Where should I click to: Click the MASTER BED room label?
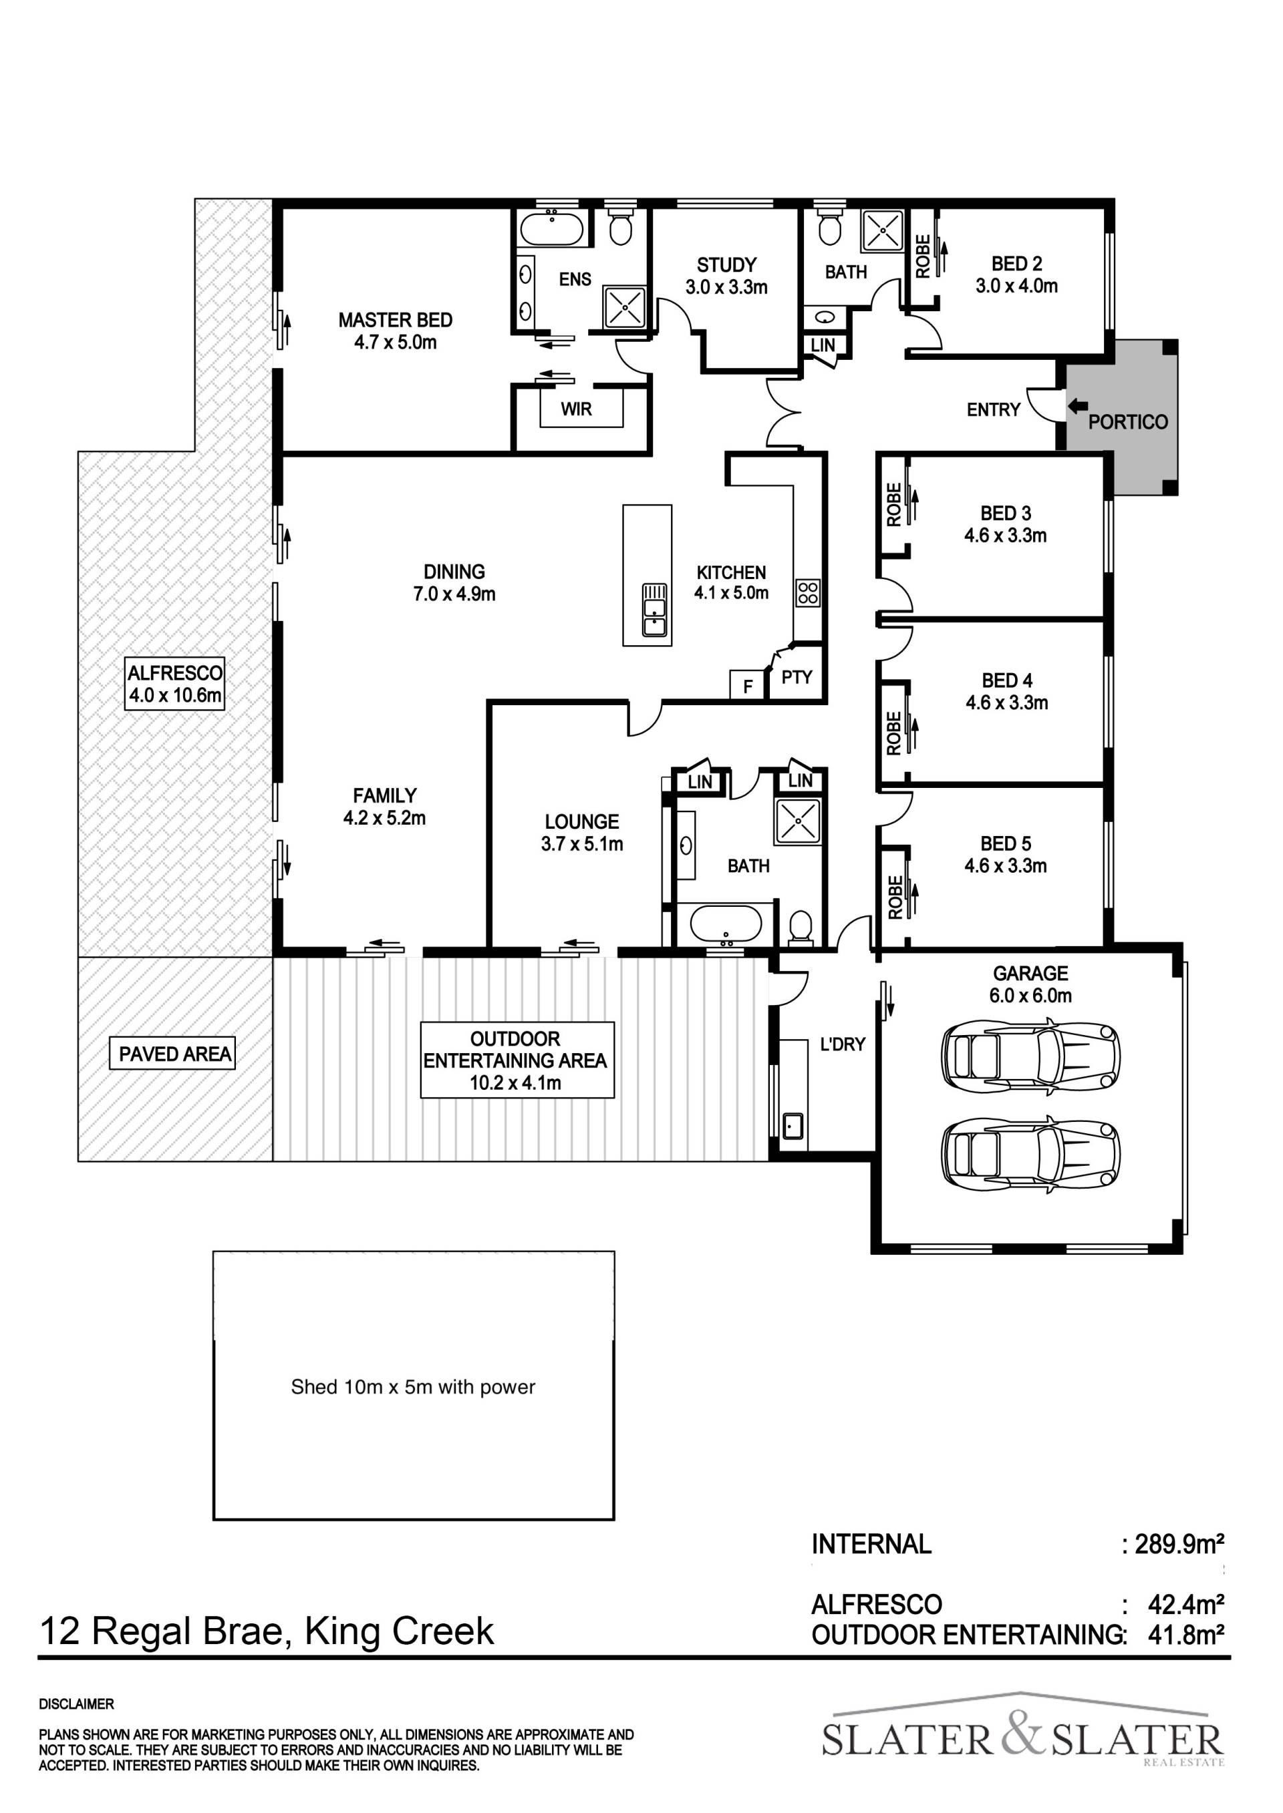pyautogui.click(x=395, y=320)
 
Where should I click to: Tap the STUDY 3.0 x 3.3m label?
pyautogui.click(x=726, y=276)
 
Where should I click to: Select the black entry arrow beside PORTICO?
pyautogui.click(x=1078, y=406)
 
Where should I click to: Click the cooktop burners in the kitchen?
pyautogui.click(x=807, y=593)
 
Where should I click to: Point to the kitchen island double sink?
pyautogui.click(x=654, y=610)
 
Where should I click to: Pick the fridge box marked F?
pyautogui.click(x=747, y=685)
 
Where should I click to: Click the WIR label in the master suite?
pyautogui.click(x=576, y=409)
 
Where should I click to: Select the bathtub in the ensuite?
pyautogui.click(x=551, y=229)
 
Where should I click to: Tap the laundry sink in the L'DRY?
pyautogui.click(x=793, y=1125)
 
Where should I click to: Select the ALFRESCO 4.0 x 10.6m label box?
pyautogui.click(x=174, y=684)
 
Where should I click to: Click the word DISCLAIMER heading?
pyautogui.click(x=77, y=1705)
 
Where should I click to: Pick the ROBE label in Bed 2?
pyautogui.click(x=923, y=256)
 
